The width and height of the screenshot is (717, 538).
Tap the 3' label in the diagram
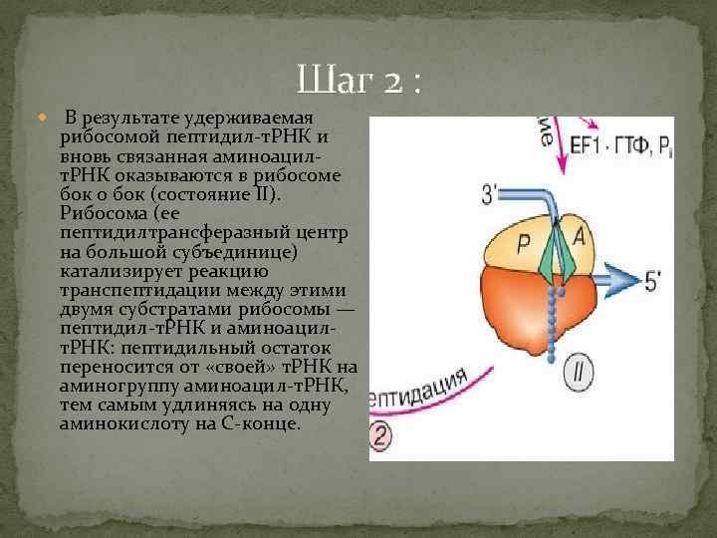click(x=490, y=193)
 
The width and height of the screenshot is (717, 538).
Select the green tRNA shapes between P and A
click(x=555, y=249)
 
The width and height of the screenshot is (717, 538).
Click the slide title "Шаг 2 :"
click(x=358, y=80)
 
